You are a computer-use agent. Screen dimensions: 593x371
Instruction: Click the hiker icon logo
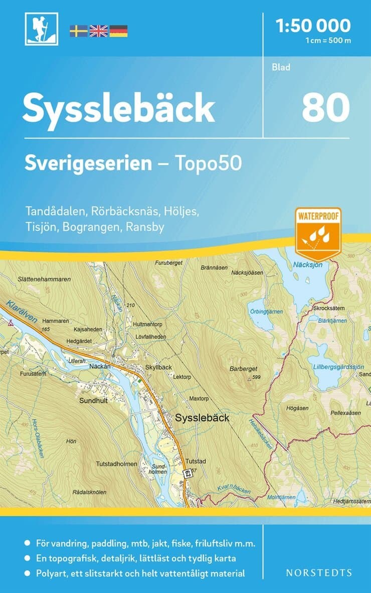pyautogui.click(x=42, y=29)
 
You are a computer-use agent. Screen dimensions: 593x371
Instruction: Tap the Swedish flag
pyautogui.click(x=78, y=31)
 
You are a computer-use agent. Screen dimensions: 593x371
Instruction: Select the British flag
pyautogui.click(x=98, y=31)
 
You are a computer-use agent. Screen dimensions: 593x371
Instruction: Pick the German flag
pyautogui.click(x=118, y=31)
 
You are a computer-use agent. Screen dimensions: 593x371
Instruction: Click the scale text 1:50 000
pyautogui.click(x=313, y=25)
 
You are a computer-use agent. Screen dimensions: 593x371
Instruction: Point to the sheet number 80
pyautogui.click(x=325, y=108)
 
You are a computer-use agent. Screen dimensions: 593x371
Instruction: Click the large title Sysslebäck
pyautogui.click(x=119, y=108)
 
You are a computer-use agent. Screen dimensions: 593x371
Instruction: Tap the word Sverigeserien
pyautogui.click(x=88, y=163)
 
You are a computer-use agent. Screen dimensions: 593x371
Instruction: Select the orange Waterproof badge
pyautogui.click(x=318, y=230)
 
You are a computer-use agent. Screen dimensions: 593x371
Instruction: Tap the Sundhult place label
pyautogui.click(x=95, y=401)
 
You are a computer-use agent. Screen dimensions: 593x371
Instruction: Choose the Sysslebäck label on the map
pyautogui.click(x=202, y=417)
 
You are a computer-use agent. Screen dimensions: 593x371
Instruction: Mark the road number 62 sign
pyautogui.click(x=187, y=473)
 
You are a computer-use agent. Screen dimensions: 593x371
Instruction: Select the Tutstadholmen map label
pyautogui.click(x=116, y=464)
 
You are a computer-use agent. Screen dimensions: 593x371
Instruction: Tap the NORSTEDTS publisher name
pyautogui.click(x=318, y=572)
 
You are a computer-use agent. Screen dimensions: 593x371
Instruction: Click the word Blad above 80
pyautogui.click(x=281, y=67)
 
